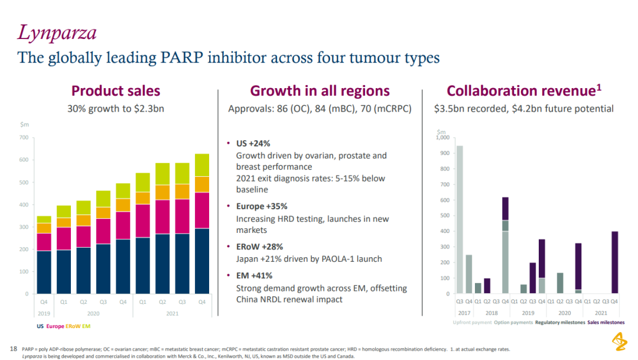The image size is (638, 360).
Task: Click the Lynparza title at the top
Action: (x=57, y=33)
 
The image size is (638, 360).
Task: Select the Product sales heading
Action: (x=115, y=90)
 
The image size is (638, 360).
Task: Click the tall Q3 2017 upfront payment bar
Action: (x=460, y=219)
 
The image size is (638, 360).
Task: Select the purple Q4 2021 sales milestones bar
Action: (x=614, y=262)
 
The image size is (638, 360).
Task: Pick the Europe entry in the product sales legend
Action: (x=55, y=326)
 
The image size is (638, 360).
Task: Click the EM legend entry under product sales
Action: (x=86, y=326)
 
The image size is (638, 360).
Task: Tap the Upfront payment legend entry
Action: (x=472, y=322)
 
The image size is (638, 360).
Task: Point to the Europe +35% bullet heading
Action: (x=262, y=206)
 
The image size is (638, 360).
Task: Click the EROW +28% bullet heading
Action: (x=259, y=247)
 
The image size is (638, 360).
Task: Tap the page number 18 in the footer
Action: (x=14, y=349)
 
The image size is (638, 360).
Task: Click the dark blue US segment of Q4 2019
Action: (x=44, y=272)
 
